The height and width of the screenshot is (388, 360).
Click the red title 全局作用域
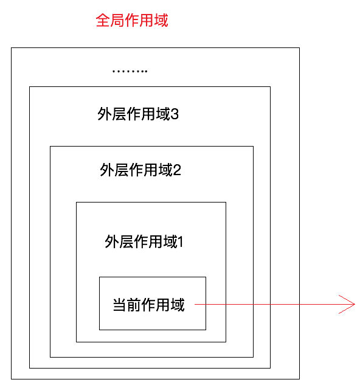(132, 20)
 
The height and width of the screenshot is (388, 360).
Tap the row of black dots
(130, 71)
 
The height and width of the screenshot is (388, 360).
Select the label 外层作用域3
(138, 114)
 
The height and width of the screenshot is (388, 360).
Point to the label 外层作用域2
(140, 170)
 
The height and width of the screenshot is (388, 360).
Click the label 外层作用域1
(144, 241)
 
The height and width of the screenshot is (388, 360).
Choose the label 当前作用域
(149, 305)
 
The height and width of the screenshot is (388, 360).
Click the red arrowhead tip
(355, 304)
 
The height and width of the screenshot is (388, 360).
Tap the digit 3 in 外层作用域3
(175, 114)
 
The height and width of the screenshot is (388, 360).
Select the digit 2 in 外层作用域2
(177, 170)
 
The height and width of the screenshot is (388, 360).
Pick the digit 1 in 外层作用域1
(181, 242)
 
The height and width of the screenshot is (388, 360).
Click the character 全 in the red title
(103, 20)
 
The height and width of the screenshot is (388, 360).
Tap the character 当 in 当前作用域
(120, 305)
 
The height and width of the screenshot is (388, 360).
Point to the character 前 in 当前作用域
(134, 305)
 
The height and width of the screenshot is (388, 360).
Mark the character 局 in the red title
(117, 20)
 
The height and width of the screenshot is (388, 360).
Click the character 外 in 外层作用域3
(105, 114)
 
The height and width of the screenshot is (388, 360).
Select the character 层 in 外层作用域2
(122, 170)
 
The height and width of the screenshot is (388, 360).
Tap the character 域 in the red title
(161, 20)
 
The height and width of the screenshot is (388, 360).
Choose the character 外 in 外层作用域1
(111, 241)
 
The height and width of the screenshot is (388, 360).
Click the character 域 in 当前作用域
(178, 305)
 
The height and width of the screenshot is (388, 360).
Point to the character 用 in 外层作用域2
(151, 170)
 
